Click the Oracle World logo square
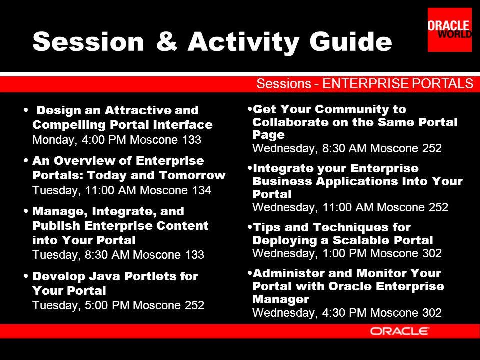[449, 29]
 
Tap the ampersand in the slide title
[167, 41]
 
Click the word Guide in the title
[351, 41]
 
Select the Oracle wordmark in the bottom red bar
[400, 331]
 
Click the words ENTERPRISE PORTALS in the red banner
[398, 84]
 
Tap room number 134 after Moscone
[201, 190]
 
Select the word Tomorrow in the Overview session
[192, 175]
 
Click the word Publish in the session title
[56, 226]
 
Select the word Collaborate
[296, 122]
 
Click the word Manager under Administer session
[281, 299]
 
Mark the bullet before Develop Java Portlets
[26, 276]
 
